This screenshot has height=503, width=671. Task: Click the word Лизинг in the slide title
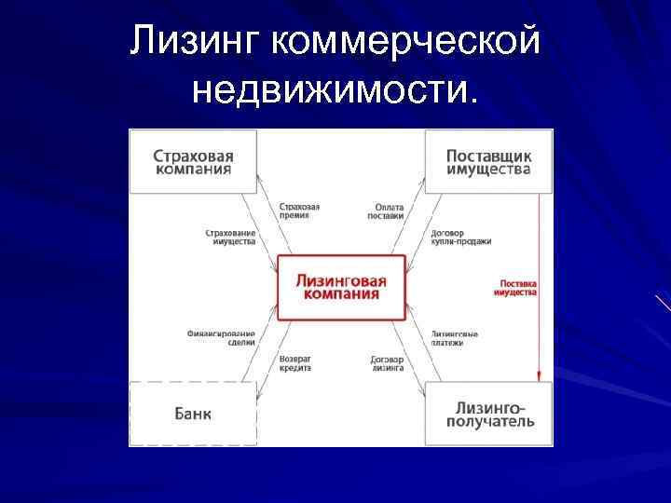197,41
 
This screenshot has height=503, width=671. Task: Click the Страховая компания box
193,161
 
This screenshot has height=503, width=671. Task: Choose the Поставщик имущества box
488,161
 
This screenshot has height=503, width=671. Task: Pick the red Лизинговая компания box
341,287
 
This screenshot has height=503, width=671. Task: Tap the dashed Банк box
193,414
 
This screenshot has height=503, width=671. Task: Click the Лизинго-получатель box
488,414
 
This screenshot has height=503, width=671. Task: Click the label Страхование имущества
229,236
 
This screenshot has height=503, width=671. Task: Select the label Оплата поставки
386,211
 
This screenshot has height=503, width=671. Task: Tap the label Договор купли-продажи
460,236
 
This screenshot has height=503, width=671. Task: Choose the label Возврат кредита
294,363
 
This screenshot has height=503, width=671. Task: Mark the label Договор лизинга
386,363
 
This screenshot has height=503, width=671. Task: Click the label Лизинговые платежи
456,337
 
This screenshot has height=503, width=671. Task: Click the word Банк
193,414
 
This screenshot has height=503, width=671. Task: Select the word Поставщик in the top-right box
488,155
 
